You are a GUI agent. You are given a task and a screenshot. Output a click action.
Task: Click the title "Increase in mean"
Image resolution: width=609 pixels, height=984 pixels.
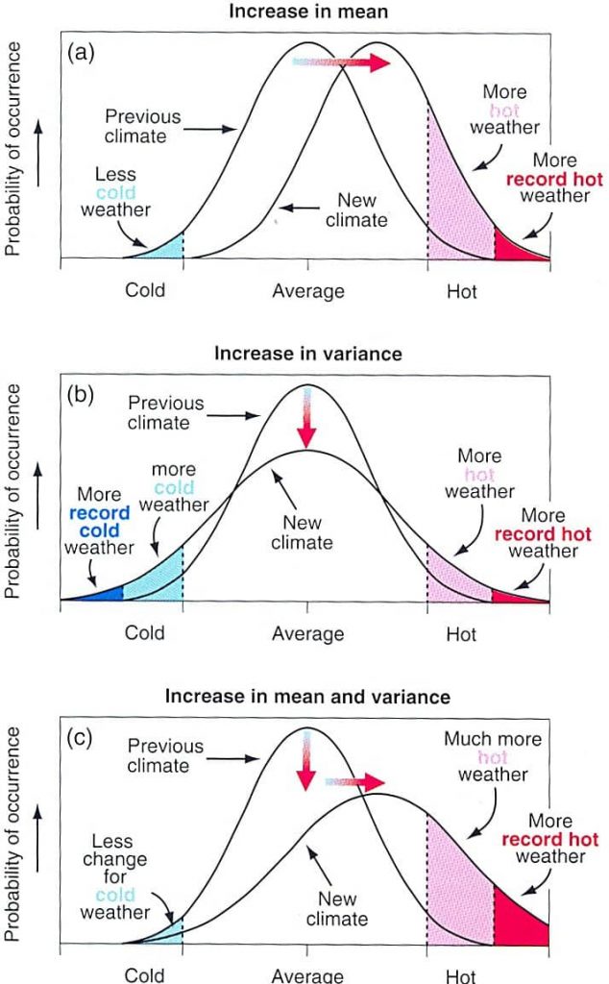point(307,12)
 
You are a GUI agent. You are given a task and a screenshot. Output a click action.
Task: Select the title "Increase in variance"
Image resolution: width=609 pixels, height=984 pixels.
point(307,354)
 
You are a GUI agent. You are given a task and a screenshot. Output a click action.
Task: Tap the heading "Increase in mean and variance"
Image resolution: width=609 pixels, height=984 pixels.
point(307,695)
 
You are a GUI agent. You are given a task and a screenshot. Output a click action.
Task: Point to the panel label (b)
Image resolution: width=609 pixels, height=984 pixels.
point(82,395)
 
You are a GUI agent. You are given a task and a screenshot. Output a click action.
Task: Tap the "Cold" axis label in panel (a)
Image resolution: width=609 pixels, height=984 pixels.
point(145,290)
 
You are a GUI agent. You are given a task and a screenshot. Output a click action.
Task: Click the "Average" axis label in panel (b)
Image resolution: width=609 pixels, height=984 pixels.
point(307,633)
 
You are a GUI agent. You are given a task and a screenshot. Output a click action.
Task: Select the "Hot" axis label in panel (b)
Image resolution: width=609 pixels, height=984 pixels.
point(461,633)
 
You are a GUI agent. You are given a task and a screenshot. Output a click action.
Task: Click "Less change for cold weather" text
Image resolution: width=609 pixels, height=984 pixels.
point(114,877)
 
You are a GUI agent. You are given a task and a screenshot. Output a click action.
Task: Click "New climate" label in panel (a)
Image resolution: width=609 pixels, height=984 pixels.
point(362,211)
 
